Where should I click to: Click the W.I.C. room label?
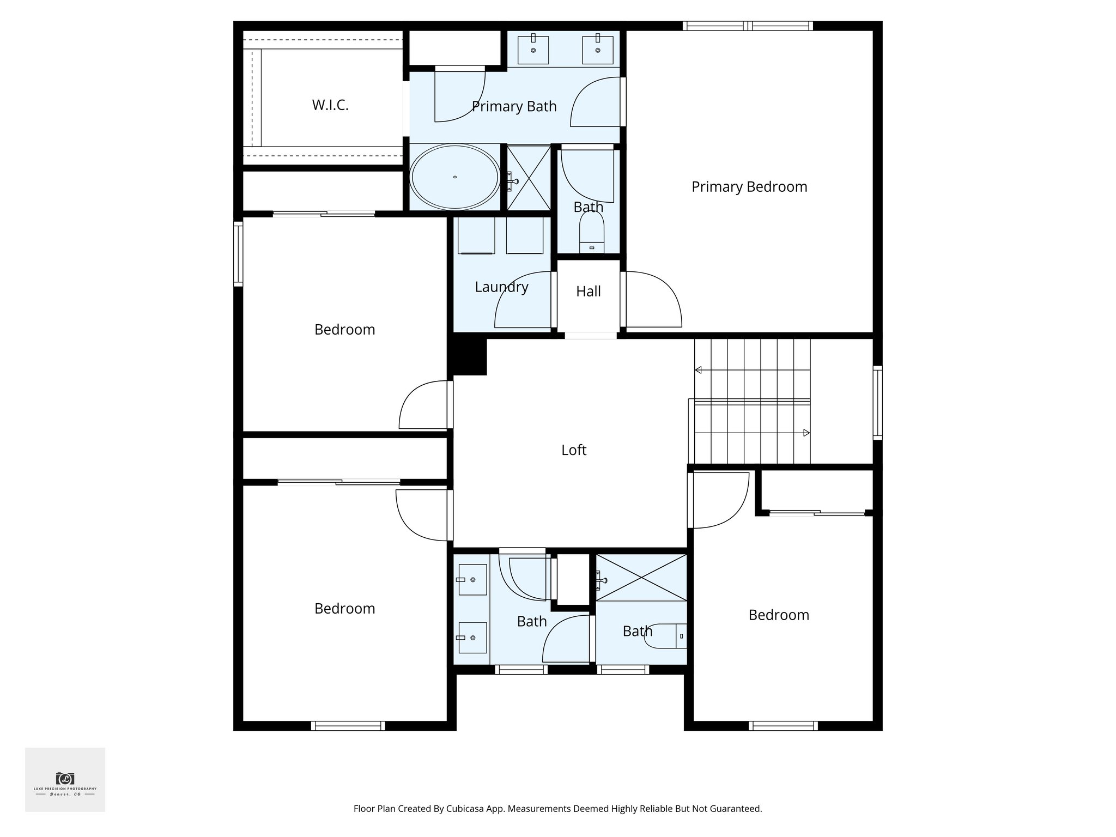pyautogui.click(x=330, y=105)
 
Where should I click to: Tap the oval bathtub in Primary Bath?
pyautogui.click(x=454, y=177)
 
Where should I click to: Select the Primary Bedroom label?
pyautogui.click(x=749, y=187)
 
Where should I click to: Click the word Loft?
pyautogui.click(x=574, y=450)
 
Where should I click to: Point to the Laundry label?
pyautogui.click(x=501, y=287)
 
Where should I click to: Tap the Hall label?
pyautogui.click(x=588, y=292)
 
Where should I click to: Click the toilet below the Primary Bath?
pyautogui.click(x=591, y=233)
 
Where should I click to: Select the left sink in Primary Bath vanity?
pyautogui.click(x=533, y=50)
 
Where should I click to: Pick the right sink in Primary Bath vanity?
pyautogui.click(x=597, y=50)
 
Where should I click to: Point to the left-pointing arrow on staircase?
pyautogui.click(x=698, y=371)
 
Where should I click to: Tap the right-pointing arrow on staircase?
pyautogui.click(x=806, y=433)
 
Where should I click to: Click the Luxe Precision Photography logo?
pyautogui.click(x=65, y=779)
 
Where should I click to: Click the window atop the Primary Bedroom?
pyautogui.click(x=748, y=26)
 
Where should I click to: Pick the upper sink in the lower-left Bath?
pyautogui.click(x=472, y=580)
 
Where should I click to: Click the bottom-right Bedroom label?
pyautogui.click(x=778, y=615)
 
